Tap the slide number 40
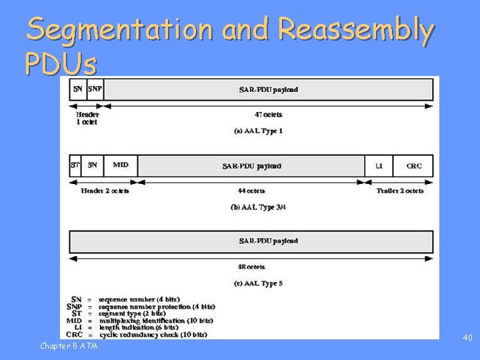[x=467, y=338]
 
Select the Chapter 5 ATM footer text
[x=69, y=345]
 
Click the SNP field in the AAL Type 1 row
[x=95, y=89]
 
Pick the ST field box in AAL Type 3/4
[x=75, y=165]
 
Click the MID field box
[x=121, y=165]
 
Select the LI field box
[x=379, y=165]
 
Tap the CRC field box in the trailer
[x=413, y=165]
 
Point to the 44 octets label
[x=251, y=191]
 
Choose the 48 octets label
[x=251, y=267]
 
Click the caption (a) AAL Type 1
[x=258, y=131]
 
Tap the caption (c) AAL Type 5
[x=258, y=283]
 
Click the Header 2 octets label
[x=105, y=191]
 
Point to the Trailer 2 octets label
[x=399, y=191]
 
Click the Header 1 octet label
[x=87, y=118]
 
